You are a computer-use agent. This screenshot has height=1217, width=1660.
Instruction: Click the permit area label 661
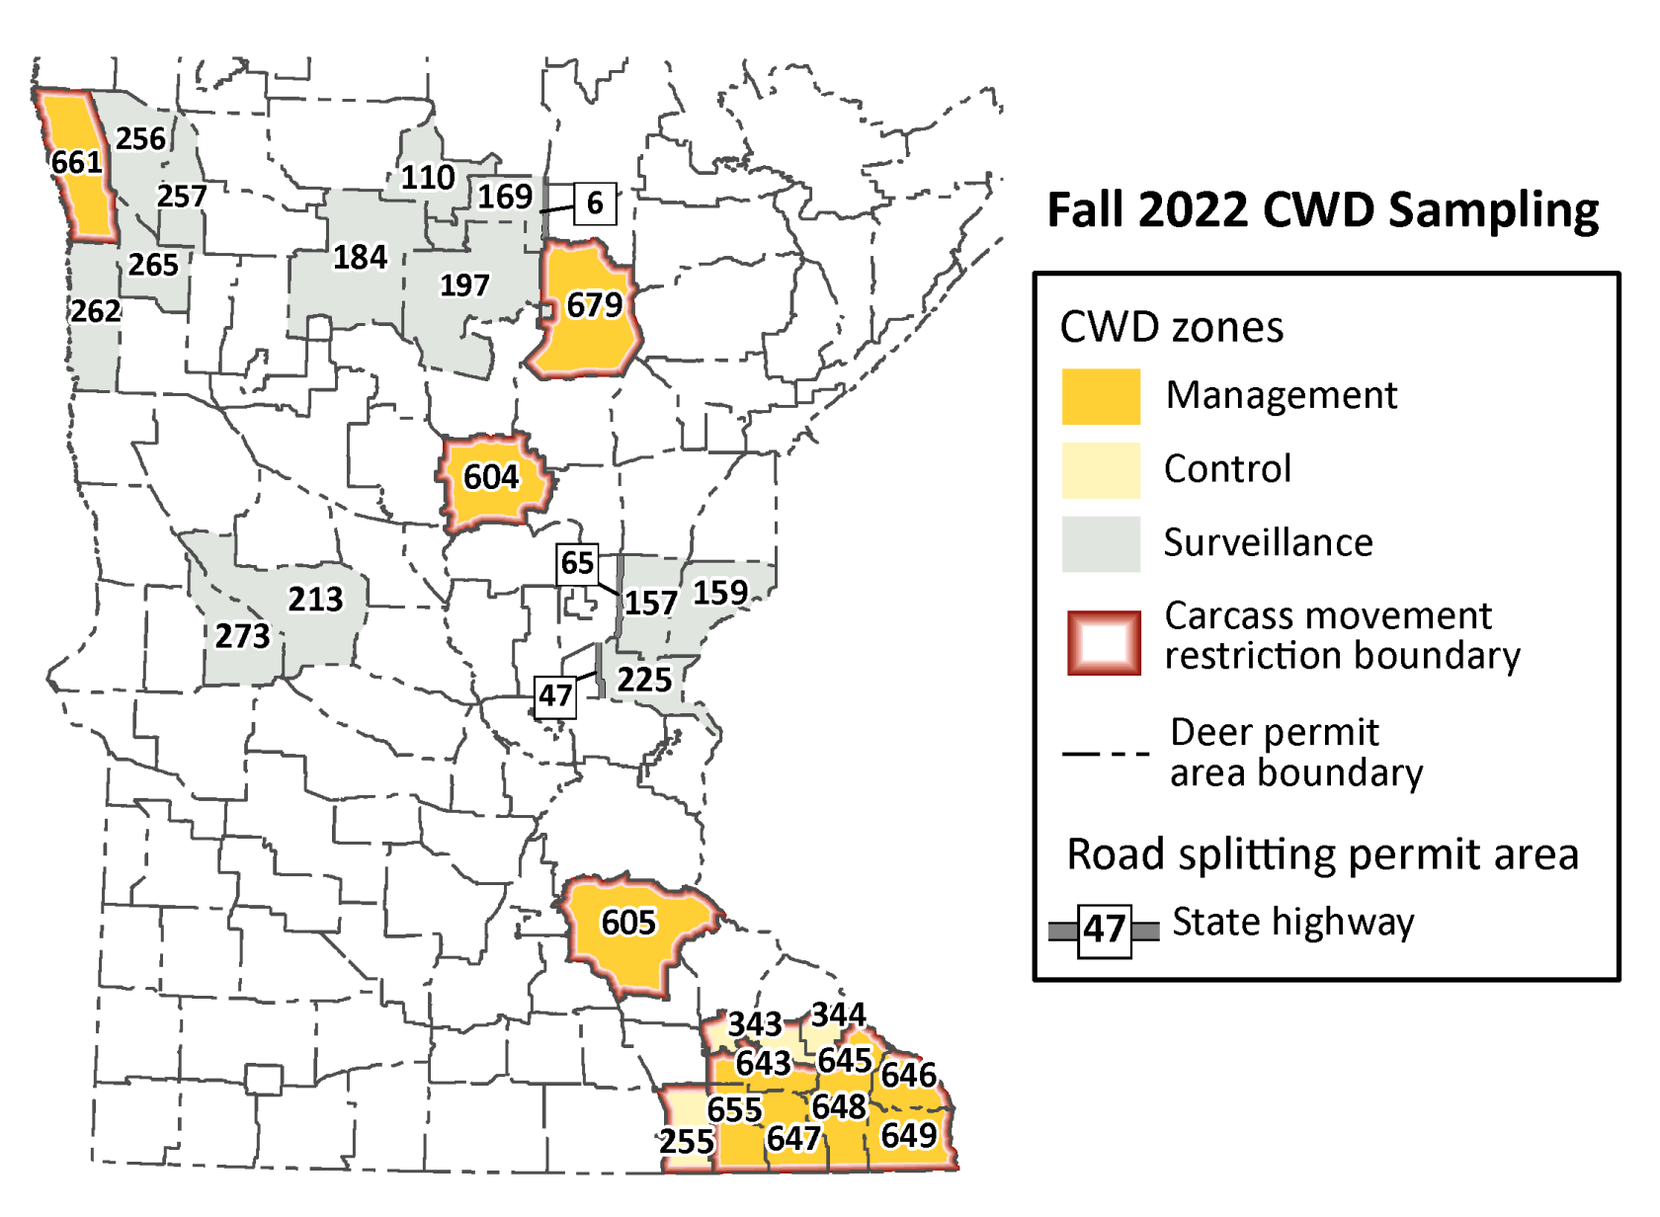[76, 162]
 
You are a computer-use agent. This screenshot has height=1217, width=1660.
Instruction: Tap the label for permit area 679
[594, 305]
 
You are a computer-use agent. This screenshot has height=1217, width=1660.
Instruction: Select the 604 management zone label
[491, 478]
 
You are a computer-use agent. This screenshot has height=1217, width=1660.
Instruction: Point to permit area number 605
[628, 923]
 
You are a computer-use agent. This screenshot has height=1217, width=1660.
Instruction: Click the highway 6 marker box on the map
[595, 203]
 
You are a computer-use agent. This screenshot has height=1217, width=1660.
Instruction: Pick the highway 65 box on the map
[577, 564]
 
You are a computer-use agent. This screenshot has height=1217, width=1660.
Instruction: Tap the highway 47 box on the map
[555, 695]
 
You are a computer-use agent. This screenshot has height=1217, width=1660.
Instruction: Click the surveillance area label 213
[315, 600]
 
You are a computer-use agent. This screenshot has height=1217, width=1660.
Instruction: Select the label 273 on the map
[242, 636]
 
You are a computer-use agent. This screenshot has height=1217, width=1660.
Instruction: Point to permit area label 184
[360, 258]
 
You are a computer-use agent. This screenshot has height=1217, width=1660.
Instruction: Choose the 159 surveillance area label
[719, 593]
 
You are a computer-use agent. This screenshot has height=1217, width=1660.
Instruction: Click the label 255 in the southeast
[687, 1142]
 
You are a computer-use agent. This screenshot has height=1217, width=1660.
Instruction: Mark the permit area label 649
[909, 1136]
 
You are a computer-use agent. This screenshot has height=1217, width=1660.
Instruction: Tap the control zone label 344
[838, 1014]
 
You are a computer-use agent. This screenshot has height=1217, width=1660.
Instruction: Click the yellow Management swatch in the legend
[1101, 397]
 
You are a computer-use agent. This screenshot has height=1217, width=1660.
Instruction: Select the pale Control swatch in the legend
[1101, 470]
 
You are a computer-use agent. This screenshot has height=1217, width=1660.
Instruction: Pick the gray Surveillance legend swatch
[1101, 544]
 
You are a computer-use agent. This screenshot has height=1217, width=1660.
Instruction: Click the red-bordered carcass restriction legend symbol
[1104, 643]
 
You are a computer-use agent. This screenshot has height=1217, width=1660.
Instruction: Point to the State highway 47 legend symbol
[1104, 930]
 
